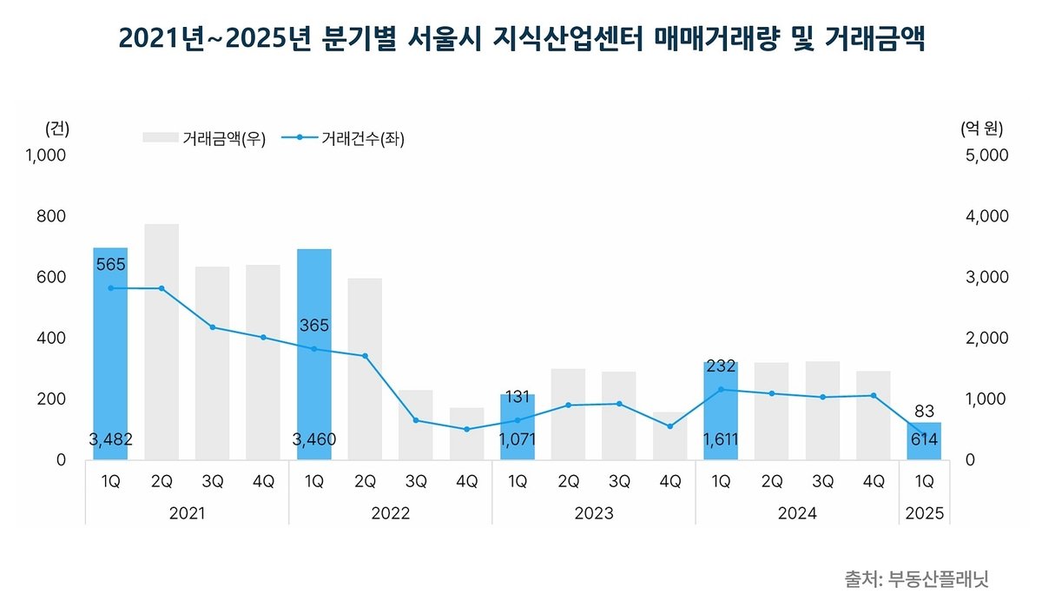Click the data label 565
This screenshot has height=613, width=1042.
110,264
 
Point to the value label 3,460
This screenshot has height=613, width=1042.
314,440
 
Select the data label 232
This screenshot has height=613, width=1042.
721,367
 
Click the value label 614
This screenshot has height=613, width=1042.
925,440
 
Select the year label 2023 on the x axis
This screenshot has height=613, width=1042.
594,514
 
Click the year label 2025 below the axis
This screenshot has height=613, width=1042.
925,514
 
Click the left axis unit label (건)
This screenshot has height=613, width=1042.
56,129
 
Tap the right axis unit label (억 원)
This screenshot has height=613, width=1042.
981,129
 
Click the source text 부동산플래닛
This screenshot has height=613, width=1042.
939,579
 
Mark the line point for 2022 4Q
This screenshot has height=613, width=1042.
466,429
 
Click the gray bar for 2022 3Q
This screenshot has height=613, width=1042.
416,425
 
